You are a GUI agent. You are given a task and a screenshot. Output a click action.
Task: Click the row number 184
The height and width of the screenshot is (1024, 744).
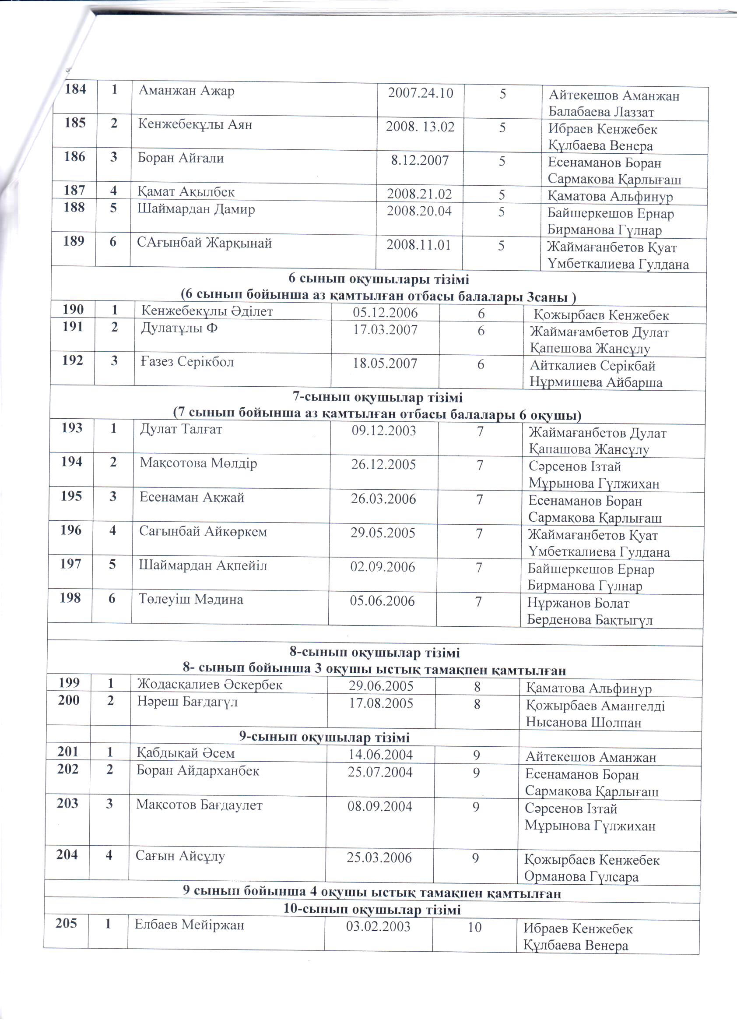pyautogui.click(x=75, y=89)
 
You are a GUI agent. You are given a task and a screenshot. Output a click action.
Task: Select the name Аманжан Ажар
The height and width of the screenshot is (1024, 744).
pyautogui.click(x=186, y=91)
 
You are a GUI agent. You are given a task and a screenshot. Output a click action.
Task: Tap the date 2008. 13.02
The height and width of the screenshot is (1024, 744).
pyautogui.click(x=420, y=127)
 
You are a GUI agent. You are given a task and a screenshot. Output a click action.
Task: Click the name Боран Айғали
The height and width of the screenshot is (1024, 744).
pyautogui.click(x=181, y=158)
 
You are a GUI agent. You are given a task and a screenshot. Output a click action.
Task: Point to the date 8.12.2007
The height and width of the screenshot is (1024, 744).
pyautogui.click(x=420, y=160)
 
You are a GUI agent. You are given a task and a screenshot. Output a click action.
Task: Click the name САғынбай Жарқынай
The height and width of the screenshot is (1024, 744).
pyautogui.click(x=204, y=243)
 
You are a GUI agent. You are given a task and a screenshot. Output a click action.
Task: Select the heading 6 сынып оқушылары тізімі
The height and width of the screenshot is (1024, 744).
pyautogui.click(x=379, y=279)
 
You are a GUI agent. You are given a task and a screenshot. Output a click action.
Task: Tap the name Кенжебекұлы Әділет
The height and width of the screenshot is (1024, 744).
pyautogui.click(x=207, y=311)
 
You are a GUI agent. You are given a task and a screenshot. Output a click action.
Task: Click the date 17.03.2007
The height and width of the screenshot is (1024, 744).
pyautogui.click(x=385, y=330)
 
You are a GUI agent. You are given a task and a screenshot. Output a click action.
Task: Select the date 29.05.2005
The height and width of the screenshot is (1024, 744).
pyautogui.click(x=383, y=533)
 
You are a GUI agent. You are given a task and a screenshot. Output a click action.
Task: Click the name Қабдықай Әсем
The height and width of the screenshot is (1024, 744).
pyautogui.click(x=186, y=752)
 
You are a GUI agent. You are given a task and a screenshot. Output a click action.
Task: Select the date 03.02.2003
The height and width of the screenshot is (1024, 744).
pyautogui.click(x=378, y=926)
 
